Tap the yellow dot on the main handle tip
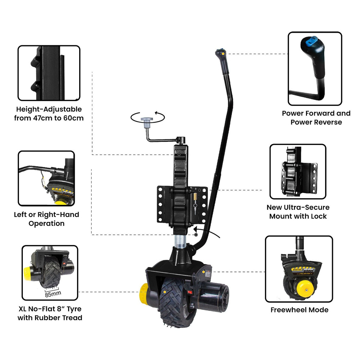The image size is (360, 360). coord(223,54)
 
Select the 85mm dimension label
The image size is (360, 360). coord(53,294)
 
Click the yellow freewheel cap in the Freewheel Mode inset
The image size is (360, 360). coord(305,289)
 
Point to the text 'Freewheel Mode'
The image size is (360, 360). coord(299,310)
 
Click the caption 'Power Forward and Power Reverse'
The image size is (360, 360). coord(316,118)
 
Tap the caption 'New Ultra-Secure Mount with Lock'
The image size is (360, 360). coord(298,212)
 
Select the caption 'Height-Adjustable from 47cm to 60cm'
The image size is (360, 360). coord(49,113)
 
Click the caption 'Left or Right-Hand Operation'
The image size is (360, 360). coord(46,219)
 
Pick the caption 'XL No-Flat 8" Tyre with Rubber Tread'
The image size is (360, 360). coord(50,313)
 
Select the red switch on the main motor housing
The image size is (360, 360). coord(190,291)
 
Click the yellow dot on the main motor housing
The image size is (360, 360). coord(204,272)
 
